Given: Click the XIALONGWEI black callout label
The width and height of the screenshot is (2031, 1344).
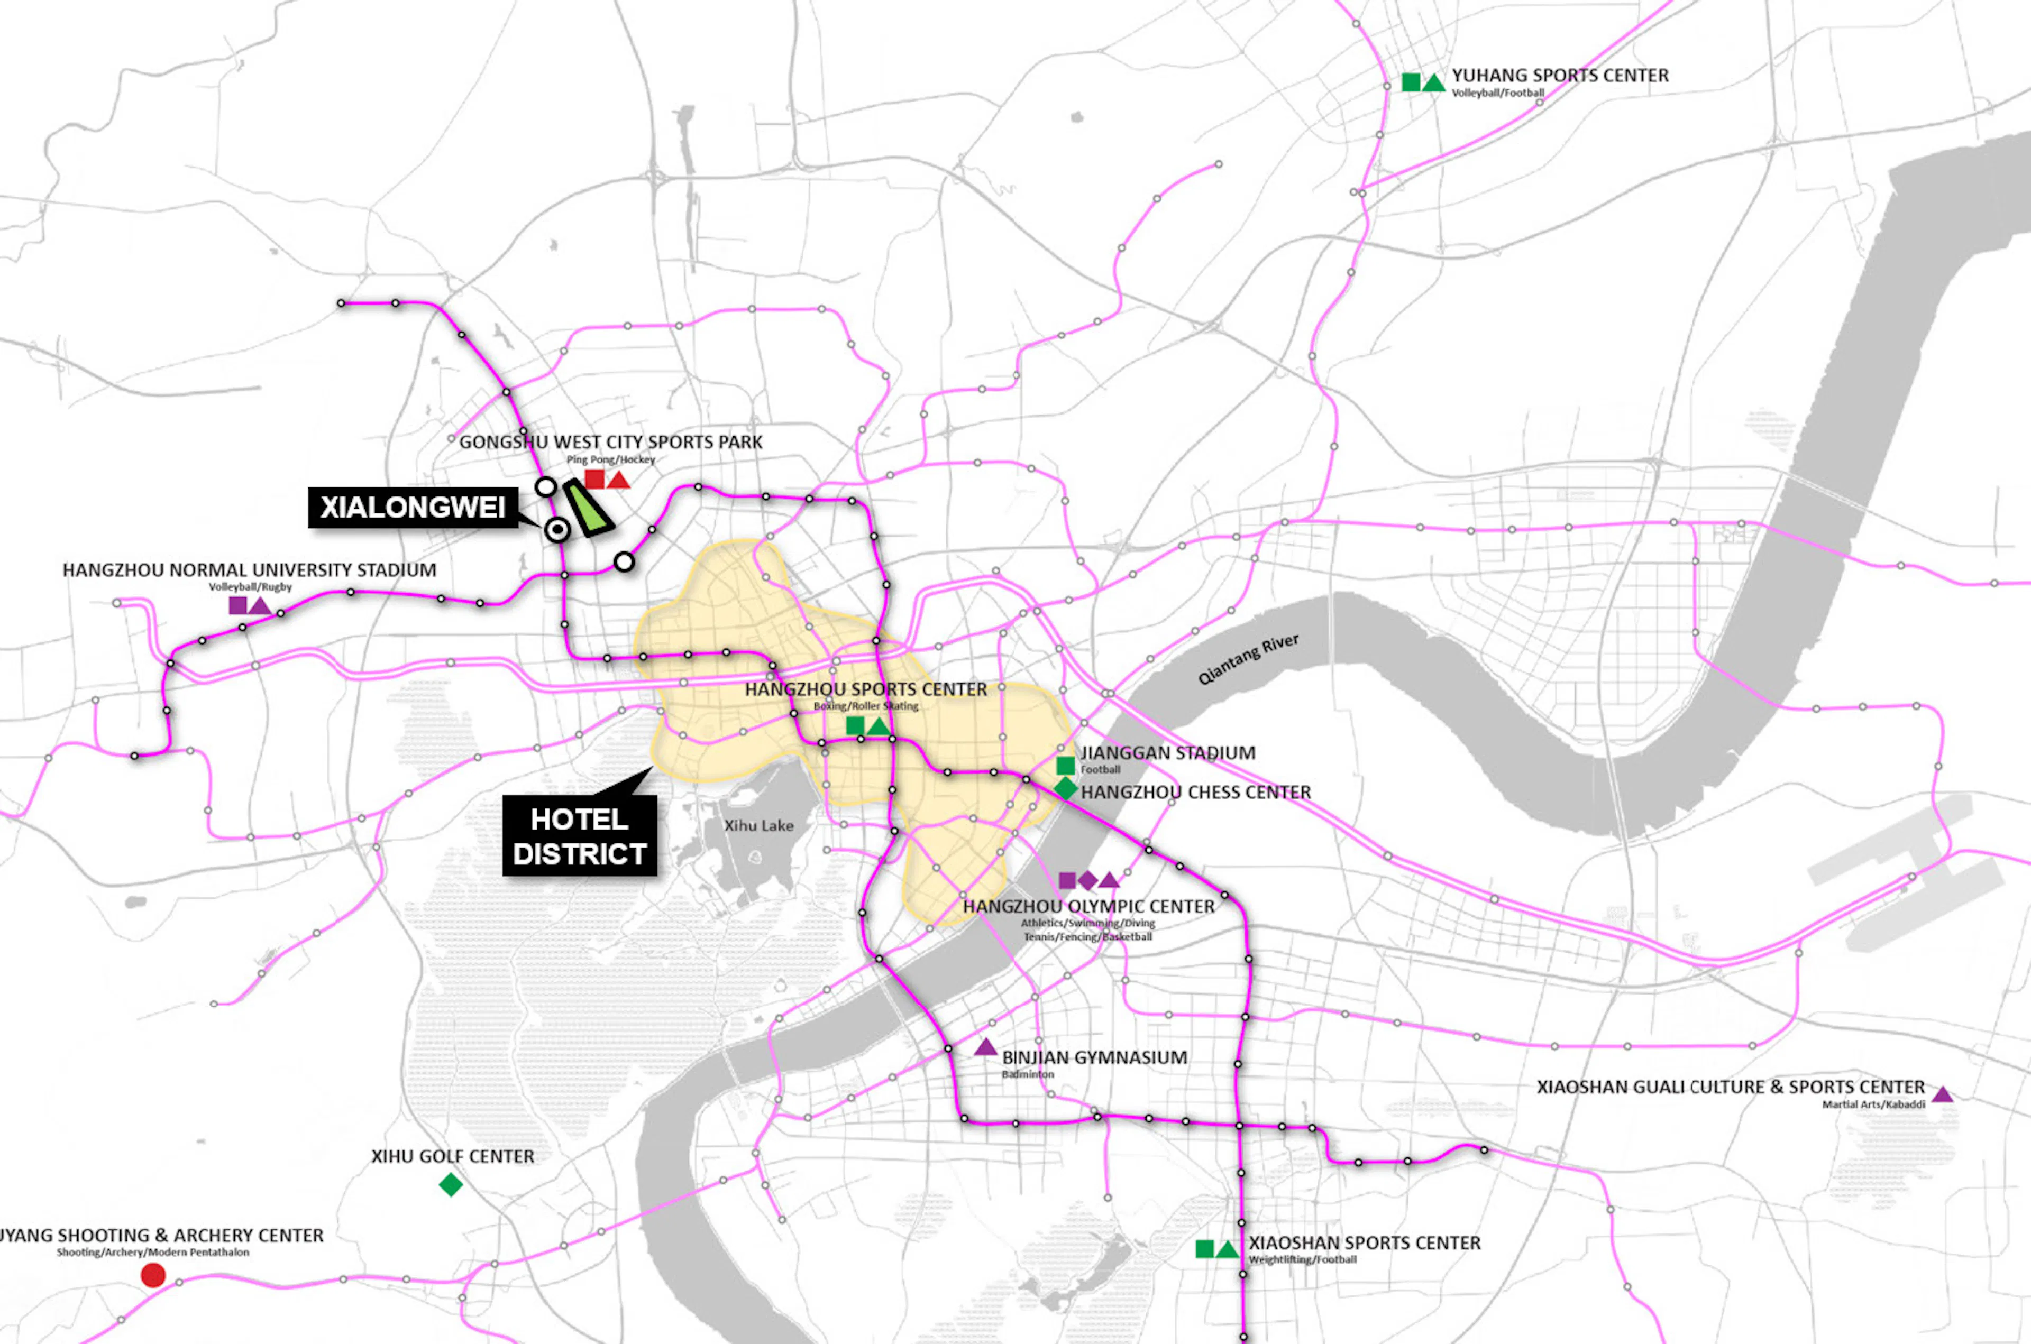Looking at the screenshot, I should pyautogui.click(x=413, y=508).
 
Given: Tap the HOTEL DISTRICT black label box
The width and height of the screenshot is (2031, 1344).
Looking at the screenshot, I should pyautogui.click(x=580, y=836).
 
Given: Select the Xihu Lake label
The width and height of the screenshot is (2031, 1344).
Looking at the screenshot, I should pyautogui.click(x=759, y=825).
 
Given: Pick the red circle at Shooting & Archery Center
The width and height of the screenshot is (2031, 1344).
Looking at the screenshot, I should pyautogui.click(x=153, y=1275).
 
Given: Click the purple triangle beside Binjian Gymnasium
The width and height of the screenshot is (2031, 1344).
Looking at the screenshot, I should pyautogui.click(x=985, y=1047).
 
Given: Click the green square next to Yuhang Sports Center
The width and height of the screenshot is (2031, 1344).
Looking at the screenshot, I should pyautogui.click(x=1410, y=82).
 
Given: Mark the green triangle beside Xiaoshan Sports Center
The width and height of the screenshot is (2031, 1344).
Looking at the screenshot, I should pyautogui.click(x=1227, y=1250).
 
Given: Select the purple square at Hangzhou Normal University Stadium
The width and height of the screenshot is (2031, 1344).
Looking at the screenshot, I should pyautogui.click(x=237, y=605).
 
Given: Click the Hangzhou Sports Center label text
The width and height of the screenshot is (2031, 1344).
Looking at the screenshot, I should pyautogui.click(x=865, y=689).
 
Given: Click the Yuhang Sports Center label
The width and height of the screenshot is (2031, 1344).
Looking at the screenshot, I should pyautogui.click(x=1559, y=76).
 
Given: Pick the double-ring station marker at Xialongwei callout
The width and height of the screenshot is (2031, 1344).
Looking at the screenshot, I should pyautogui.click(x=557, y=531).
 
